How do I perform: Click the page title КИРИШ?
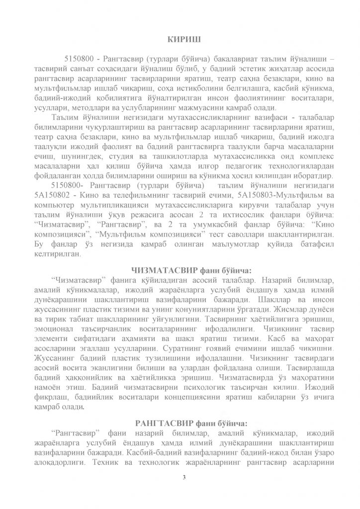[x=180, y=38]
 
